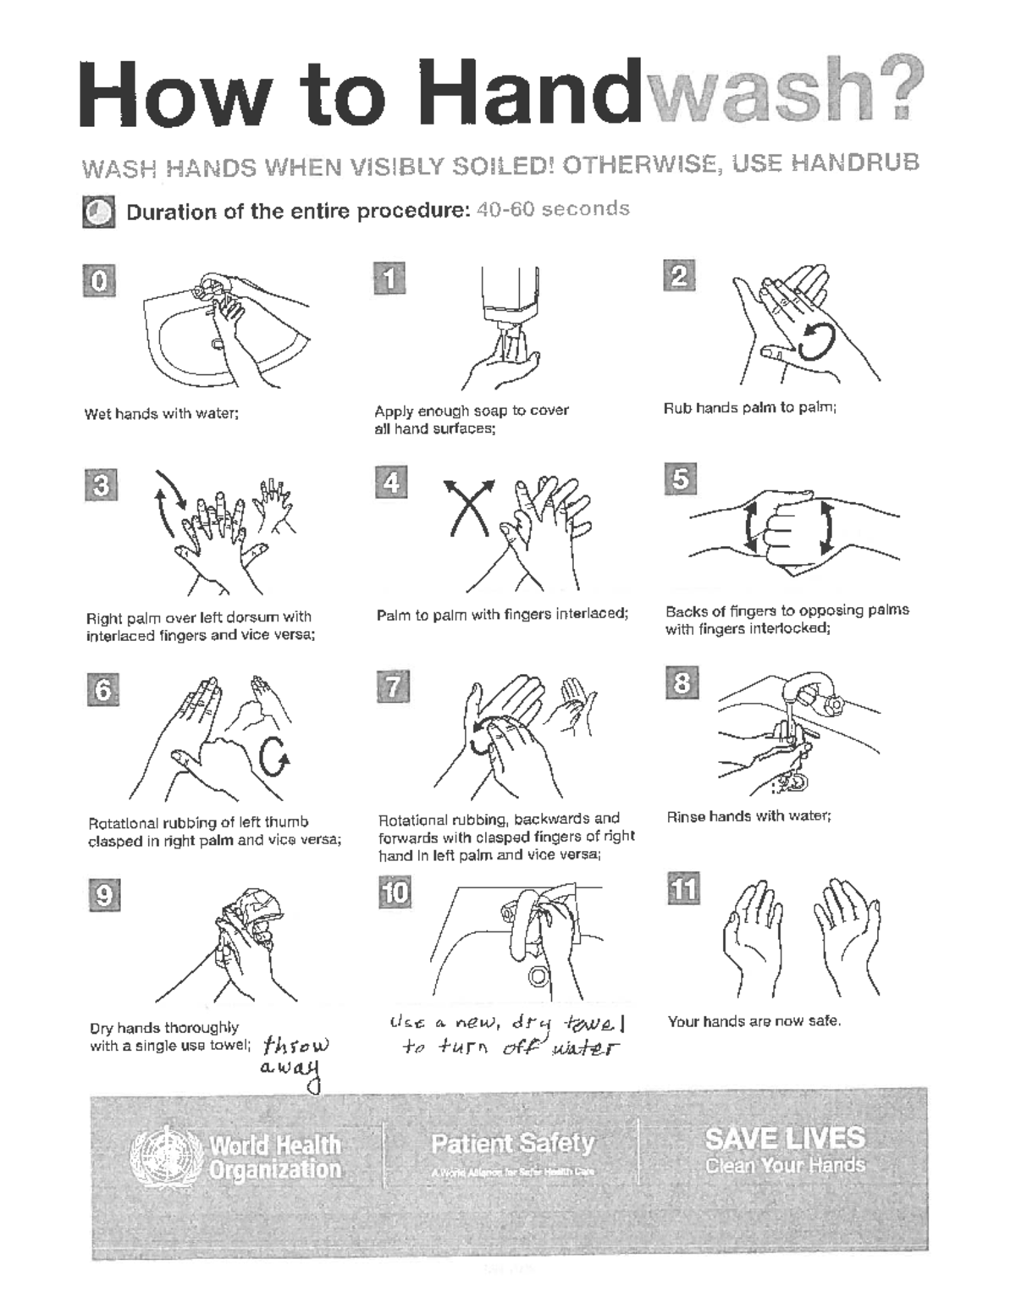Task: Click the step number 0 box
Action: pyautogui.click(x=99, y=280)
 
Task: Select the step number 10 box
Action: pyautogui.click(x=395, y=892)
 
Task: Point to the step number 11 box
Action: pyautogui.click(x=683, y=888)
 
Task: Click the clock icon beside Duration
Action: pyautogui.click(x=98, y=213)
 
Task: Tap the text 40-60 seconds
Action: pyautogui.click(x=553, y=209)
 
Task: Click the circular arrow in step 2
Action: pyautogui.click(x=817, y=340)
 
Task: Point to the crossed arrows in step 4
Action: pyautogui.click(x=471, y=506)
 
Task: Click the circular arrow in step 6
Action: pyautogui.click(x=274, y=756)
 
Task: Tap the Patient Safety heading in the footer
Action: pyautogui.click(x=512, y=1143)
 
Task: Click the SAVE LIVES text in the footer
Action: pyautogui.click(x=785, y=1138)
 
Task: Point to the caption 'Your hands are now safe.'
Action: pyautogui.click(x=754, y=1021)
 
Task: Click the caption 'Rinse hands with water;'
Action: pyautogui.click(x=748, y=816)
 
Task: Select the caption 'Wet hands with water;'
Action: pyautogui.click(x=161, y=414)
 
